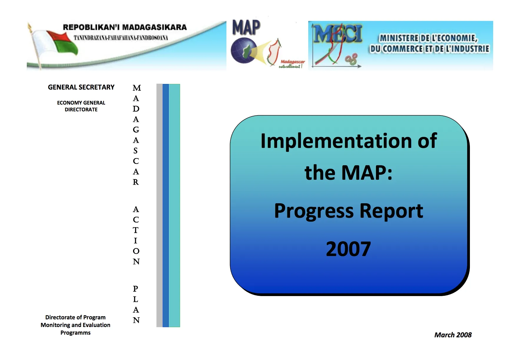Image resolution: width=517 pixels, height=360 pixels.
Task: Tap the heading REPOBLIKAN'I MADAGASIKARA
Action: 125,27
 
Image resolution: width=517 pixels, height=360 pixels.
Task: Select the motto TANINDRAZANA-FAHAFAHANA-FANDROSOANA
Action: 121,38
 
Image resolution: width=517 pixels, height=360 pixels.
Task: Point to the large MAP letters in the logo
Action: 246,27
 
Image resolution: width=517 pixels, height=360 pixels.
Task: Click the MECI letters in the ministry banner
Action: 337,34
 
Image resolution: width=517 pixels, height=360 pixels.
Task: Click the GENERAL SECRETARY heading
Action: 81,87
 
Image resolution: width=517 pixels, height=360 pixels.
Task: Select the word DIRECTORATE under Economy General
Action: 81,110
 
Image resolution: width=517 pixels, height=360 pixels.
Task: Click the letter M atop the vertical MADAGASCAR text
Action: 137,88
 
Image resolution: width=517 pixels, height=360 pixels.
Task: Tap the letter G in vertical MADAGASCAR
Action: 136,130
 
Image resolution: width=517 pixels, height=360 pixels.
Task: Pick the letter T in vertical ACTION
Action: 135,230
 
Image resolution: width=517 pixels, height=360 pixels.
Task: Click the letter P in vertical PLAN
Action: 135,289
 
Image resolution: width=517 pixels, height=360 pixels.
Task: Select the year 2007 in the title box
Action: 348,249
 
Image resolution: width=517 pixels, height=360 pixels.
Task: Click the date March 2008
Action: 453,335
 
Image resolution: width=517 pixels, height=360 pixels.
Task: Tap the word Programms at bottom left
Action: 75,333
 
